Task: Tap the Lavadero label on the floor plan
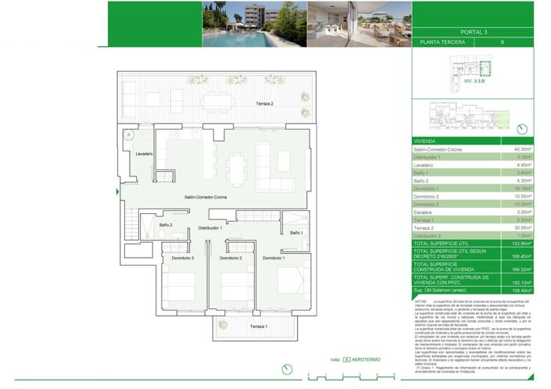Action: click(x=144, y=154)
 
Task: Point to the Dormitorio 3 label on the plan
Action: click(x=183, y=258)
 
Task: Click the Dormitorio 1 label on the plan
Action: click(x=274, y=258)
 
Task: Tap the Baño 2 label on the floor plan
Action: click(x=166, y=225)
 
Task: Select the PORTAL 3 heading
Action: click(x=496, y=32)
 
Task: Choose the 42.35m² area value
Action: click(x=522, y=149)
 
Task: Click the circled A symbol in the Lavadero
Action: click(x=127, y=134)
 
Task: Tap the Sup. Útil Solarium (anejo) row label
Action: click(x=445, y=291)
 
